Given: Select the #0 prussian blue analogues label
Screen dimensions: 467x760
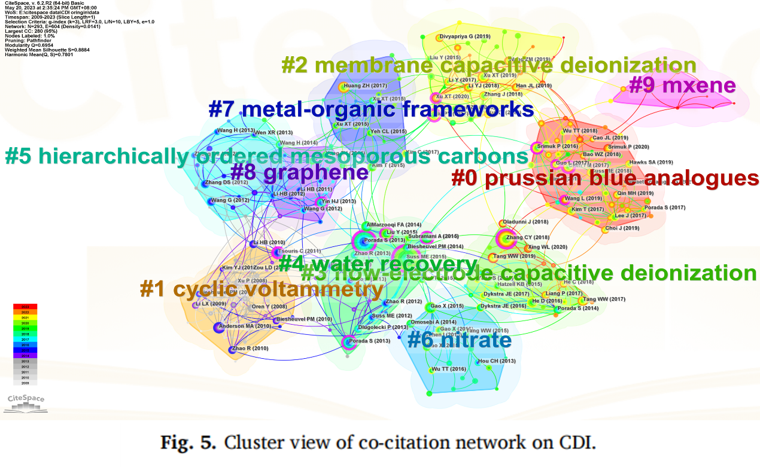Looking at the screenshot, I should [604, 178].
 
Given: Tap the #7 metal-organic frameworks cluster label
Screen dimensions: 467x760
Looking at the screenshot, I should [371, 109].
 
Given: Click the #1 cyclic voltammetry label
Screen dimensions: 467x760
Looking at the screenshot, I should [261, 289].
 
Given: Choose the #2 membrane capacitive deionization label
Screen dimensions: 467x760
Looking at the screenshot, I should [488, 65].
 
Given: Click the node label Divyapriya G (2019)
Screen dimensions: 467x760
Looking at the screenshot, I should [465, 36].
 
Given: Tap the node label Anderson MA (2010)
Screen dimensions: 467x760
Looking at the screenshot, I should [245, 326].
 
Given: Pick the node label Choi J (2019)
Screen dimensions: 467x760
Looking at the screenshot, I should [623, 228].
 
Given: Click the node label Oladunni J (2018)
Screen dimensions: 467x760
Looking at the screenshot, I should [525, 222].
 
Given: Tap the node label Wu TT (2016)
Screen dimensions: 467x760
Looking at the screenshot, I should [449, 370].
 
